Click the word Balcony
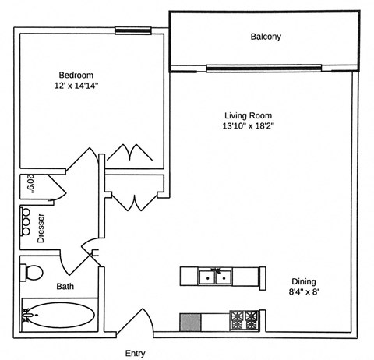point(265,37)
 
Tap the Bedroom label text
point(74,75)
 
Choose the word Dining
point(304,282)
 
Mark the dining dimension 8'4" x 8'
point(305,293)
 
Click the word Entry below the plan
point(136,353)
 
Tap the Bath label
point(65,286)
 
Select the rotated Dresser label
point(41,228)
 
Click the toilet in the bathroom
point(33,274)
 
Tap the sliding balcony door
point(263,67)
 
